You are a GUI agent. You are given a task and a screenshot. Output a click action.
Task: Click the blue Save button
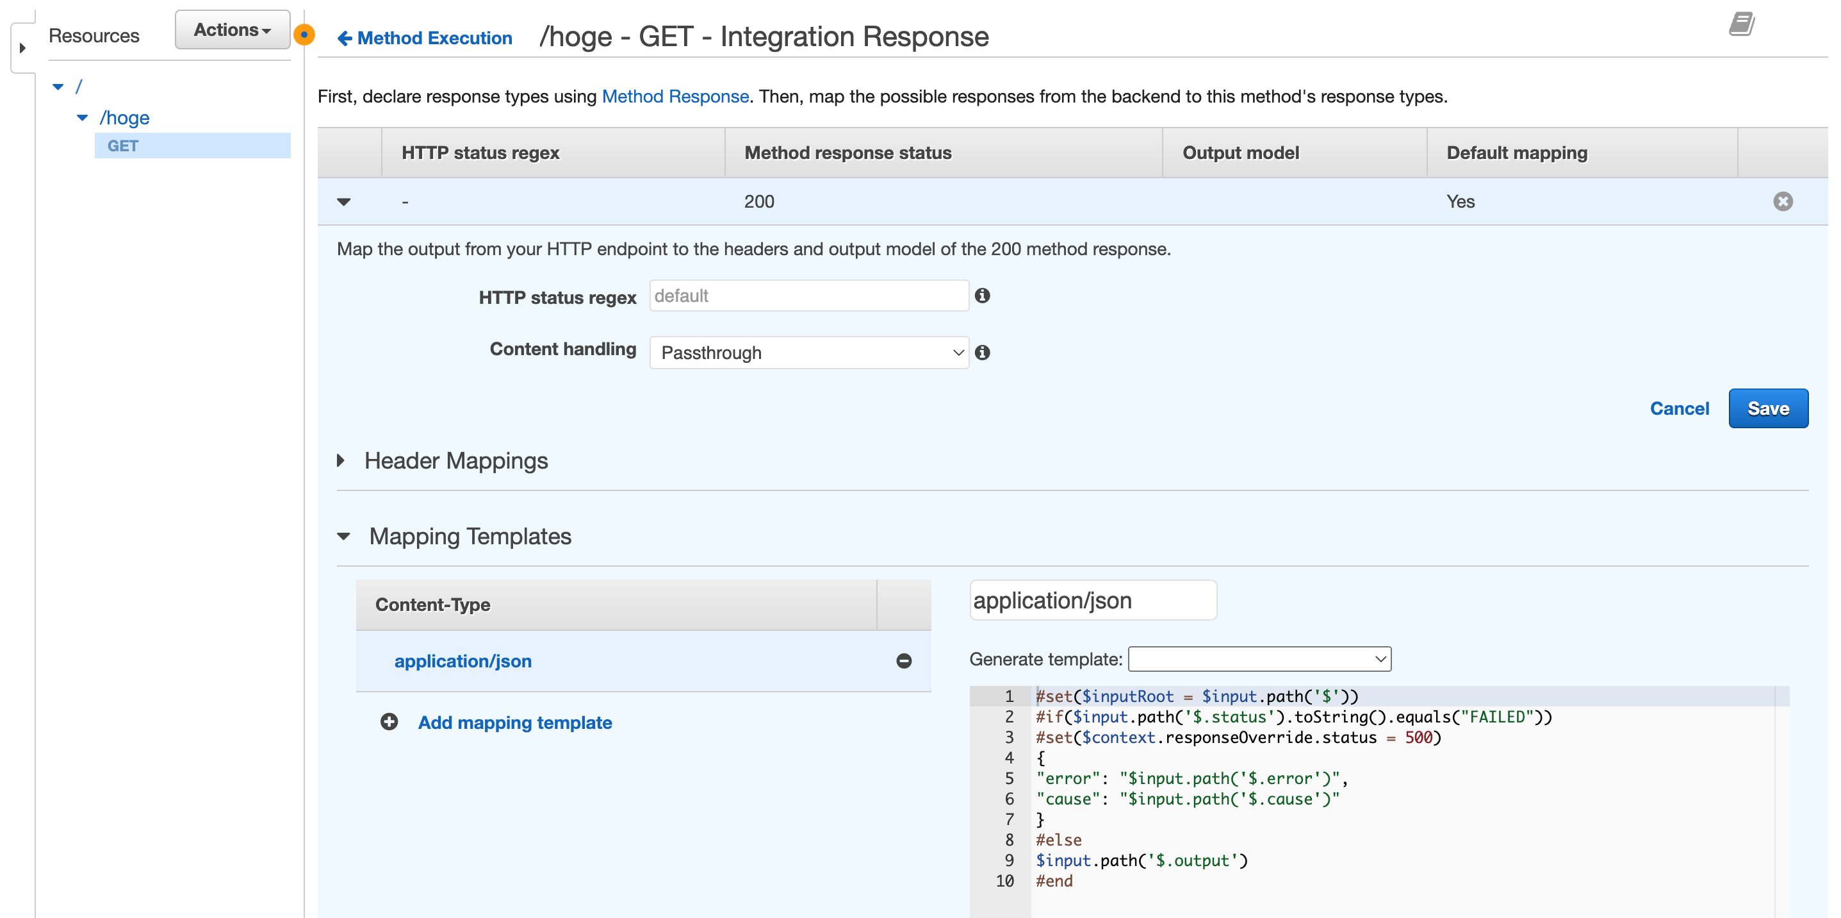click(1767, 408)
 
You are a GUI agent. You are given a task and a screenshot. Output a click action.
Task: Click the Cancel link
click(1679, 408)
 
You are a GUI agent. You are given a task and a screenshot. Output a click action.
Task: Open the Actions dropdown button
click(233, 29)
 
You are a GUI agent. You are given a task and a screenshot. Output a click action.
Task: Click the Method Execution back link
click(425, 38)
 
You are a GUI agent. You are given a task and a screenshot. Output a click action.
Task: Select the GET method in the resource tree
click(123, 146)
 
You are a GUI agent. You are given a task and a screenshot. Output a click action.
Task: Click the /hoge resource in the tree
click(124, 117)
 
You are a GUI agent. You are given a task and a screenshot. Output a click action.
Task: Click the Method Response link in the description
click(675, 97)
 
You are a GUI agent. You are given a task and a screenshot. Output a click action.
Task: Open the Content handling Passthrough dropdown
click(809, 353)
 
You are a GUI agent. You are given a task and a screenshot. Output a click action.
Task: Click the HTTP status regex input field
click(809, 296)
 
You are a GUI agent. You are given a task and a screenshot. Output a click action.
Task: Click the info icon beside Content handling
click(983, 353)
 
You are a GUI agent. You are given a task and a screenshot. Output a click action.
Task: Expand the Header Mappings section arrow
click(341, 460)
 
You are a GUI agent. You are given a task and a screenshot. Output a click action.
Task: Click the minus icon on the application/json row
click(903, 661)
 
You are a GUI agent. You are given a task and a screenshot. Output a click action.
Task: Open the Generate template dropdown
click(1259, 658)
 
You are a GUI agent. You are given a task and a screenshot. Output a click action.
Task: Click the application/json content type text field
click(1093, 600)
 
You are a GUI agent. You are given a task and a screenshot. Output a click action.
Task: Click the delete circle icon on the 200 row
click(1783, 202)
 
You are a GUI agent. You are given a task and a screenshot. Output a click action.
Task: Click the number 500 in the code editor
click(1418, 737)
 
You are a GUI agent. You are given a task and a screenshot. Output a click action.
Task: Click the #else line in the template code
click(1058, 840)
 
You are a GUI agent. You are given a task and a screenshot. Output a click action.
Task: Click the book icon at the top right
click(1742, 24)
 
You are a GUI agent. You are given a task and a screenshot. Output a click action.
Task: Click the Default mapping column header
click(1516, 153)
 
